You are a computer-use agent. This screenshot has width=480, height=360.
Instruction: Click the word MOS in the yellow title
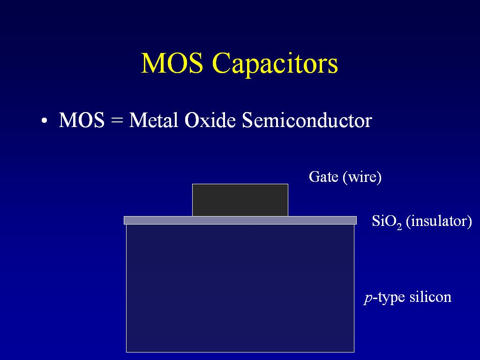click(x=172, y=63)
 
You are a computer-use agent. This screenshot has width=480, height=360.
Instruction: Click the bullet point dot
click(x=45, y=120)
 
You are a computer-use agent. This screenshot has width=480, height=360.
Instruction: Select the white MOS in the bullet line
click(x=82, y=120)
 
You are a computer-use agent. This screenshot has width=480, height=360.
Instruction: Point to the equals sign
click(x=117, y=120)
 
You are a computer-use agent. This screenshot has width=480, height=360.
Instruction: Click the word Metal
click(x=153, y=120)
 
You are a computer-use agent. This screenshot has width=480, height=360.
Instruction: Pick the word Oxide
click(x=210, y=120)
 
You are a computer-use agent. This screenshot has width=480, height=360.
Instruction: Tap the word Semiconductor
click(x=307, y=120)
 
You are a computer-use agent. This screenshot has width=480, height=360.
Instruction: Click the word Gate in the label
click(x=323, y=177)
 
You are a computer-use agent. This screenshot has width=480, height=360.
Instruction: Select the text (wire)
click(x=362, y=177)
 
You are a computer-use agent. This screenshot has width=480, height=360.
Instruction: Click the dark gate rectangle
click(x=240, y=200)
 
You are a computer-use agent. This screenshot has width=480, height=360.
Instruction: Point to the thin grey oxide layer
click(x=240, y=220)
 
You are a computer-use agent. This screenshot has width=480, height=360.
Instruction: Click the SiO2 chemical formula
click(x=387, y=221)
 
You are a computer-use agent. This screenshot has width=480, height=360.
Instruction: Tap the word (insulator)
click(x=439, y=221)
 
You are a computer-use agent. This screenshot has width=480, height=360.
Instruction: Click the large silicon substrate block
click(x=240, y=288)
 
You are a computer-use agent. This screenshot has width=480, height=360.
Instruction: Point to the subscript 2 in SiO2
click(x=399, y=226)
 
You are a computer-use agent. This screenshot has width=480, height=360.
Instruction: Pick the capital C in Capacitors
click(x=223, y=63)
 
